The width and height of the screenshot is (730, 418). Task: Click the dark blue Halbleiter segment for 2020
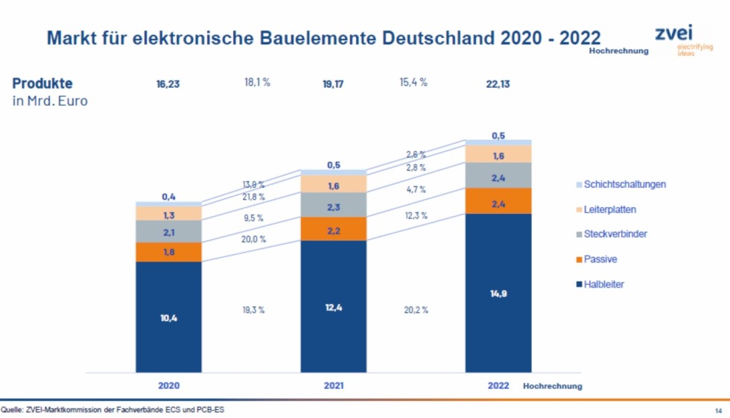168,317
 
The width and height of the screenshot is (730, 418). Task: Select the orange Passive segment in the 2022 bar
498,201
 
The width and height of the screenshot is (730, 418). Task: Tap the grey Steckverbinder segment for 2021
333,205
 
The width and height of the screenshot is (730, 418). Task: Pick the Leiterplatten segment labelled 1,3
168,214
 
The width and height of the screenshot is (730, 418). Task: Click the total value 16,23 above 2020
168,84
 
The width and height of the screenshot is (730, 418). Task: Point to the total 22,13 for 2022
498,84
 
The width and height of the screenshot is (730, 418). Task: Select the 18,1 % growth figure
257,82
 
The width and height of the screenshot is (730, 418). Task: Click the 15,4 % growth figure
413,82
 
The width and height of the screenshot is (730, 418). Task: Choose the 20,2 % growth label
414,309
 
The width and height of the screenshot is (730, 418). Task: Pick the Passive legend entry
600,259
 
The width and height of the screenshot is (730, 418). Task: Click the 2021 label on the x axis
333,386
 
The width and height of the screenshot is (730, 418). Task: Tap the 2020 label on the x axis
168,386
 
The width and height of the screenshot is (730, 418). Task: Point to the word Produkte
42,83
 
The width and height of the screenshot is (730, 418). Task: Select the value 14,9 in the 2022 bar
498,294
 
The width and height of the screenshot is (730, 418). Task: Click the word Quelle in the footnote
11,409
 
